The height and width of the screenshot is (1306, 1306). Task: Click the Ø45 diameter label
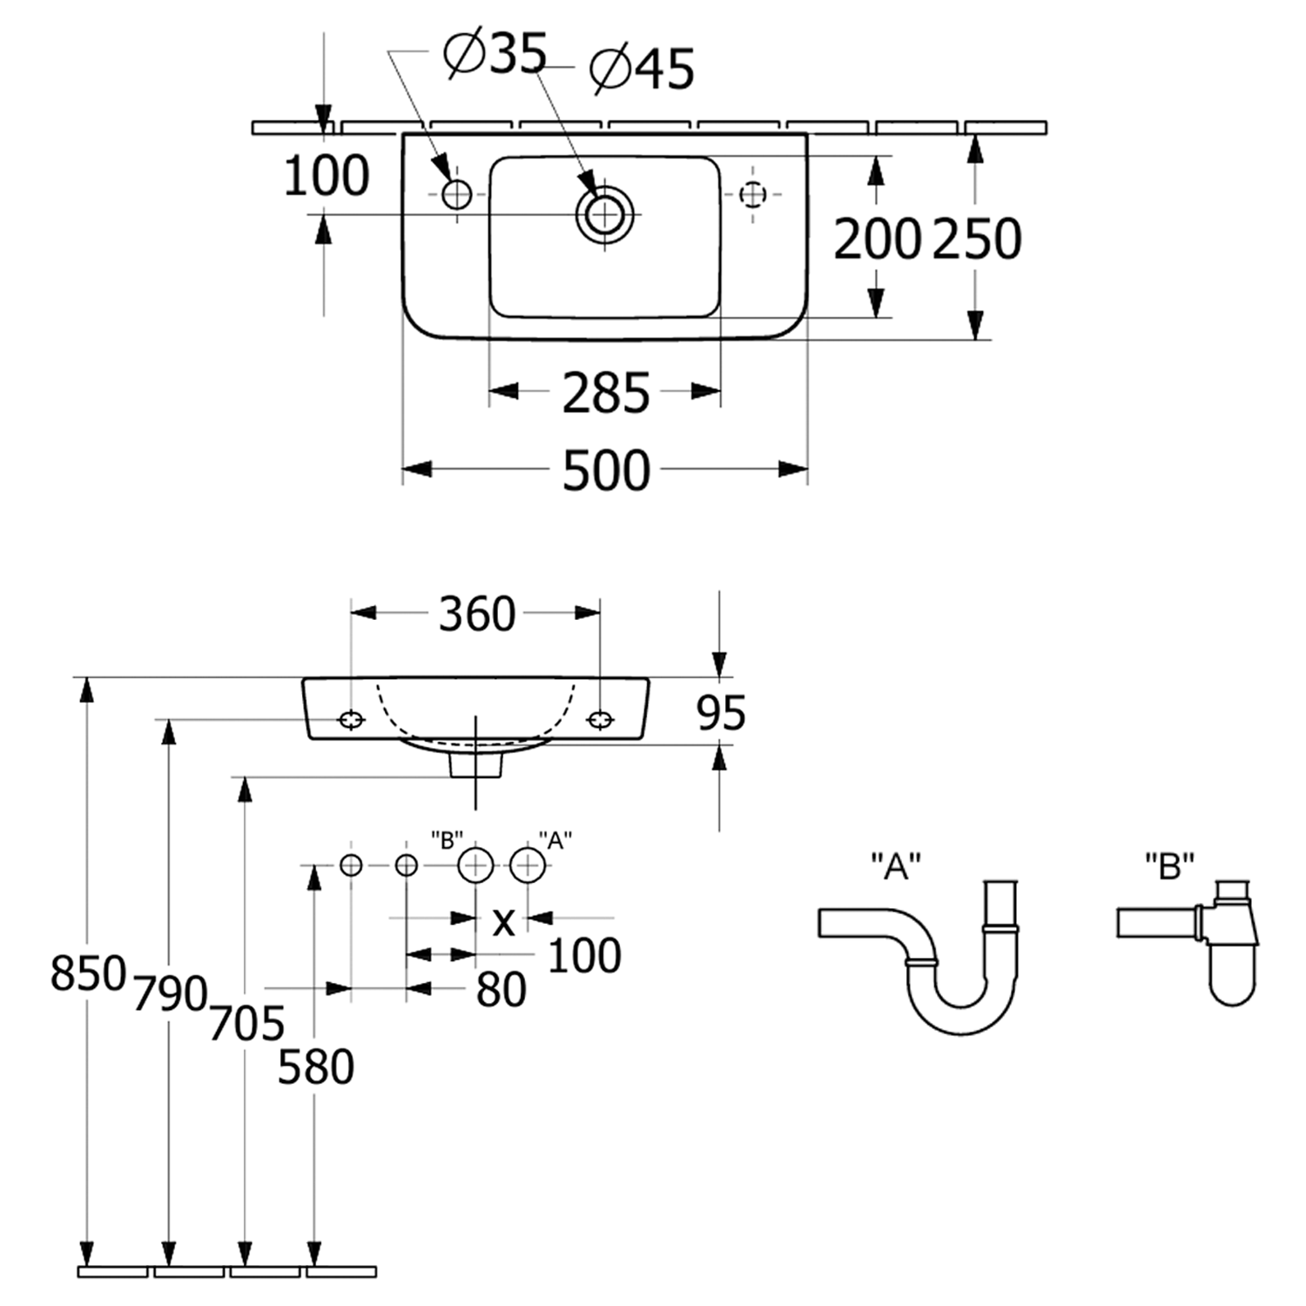coord(643,70)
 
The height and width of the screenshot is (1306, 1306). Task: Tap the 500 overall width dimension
coord(606,470)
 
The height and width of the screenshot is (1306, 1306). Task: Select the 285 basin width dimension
coord(606,393)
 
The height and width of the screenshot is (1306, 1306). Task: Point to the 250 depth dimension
coord(976,239)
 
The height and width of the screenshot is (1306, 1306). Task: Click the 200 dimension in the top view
coord(877,239)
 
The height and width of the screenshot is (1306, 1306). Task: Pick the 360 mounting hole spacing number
coord(476,615)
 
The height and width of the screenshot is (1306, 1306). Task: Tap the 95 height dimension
coord(721,714)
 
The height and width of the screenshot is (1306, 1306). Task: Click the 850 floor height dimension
coord(88,973)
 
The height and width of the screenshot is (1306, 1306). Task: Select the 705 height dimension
coord(246,1024)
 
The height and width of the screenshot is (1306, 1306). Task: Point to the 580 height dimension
coord(315,1067)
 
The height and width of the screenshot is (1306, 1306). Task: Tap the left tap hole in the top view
coord(456,194)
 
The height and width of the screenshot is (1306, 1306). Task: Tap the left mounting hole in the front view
coord(351,719)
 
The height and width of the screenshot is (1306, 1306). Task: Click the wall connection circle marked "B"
coord(475,865)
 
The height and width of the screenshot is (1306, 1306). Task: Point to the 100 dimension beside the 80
coord(584,956)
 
